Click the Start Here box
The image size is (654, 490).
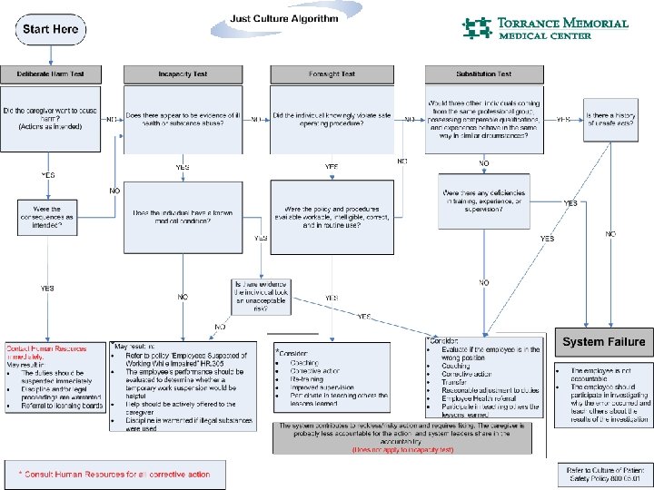[x=51, y=30]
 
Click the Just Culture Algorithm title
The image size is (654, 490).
[x=284, y=18]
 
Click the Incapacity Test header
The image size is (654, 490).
[x=183, y=74]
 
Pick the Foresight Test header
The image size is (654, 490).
[x=332, y=74]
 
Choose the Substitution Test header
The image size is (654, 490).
[x=484, y=74]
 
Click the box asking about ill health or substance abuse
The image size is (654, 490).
[x=183, y=119]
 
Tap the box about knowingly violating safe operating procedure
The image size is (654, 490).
[x=332, y=119]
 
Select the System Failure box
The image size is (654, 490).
[x=603, y=342]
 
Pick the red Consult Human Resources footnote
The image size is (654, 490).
[x=115, y=474]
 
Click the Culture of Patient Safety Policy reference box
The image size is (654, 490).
[x=603, y=474]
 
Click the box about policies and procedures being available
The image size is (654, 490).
[x=332, y=218]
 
